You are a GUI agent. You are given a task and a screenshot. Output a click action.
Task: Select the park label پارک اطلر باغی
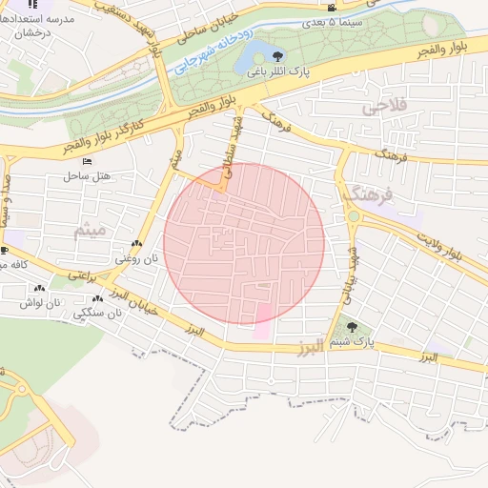tap(274, 72)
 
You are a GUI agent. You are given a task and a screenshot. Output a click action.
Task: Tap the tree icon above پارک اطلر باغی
tap(278, 57)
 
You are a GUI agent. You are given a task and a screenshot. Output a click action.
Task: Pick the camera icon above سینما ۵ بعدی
tap(331, 9)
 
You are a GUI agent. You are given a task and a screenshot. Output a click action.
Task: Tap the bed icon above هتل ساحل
tap(88, 162)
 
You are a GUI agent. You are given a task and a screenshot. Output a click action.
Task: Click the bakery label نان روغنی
tap(132, 258)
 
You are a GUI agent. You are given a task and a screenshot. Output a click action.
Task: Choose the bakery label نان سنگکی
tap(102, 312)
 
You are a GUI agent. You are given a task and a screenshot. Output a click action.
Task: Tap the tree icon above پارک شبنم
tap(353, 327)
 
